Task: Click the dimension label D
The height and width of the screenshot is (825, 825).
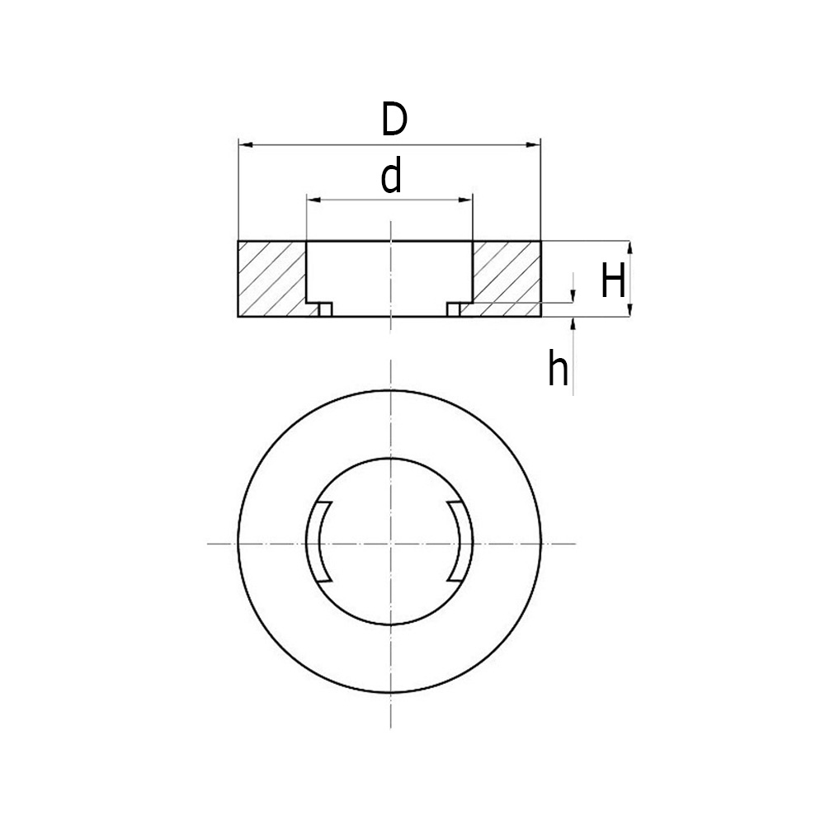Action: coord(394,120)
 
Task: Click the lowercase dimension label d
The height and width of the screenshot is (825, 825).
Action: coord(391,177)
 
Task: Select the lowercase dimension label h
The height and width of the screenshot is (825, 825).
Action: coord(558,370)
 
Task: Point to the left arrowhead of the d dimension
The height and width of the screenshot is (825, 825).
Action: coord(313,200)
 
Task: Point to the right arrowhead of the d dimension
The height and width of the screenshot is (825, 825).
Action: coord(466,200)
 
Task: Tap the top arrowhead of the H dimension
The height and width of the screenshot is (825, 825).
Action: coord(629,248)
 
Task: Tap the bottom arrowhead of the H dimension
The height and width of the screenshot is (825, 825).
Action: coord(629,310)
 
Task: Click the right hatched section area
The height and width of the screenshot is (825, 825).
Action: coord(507,276)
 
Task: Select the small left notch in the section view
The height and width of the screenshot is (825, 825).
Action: coord(325,309)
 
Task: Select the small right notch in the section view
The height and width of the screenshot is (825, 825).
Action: coord(453,309)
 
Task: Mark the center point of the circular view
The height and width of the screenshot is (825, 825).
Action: coord(389,543)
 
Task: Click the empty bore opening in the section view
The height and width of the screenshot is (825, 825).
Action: coord(389,276)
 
